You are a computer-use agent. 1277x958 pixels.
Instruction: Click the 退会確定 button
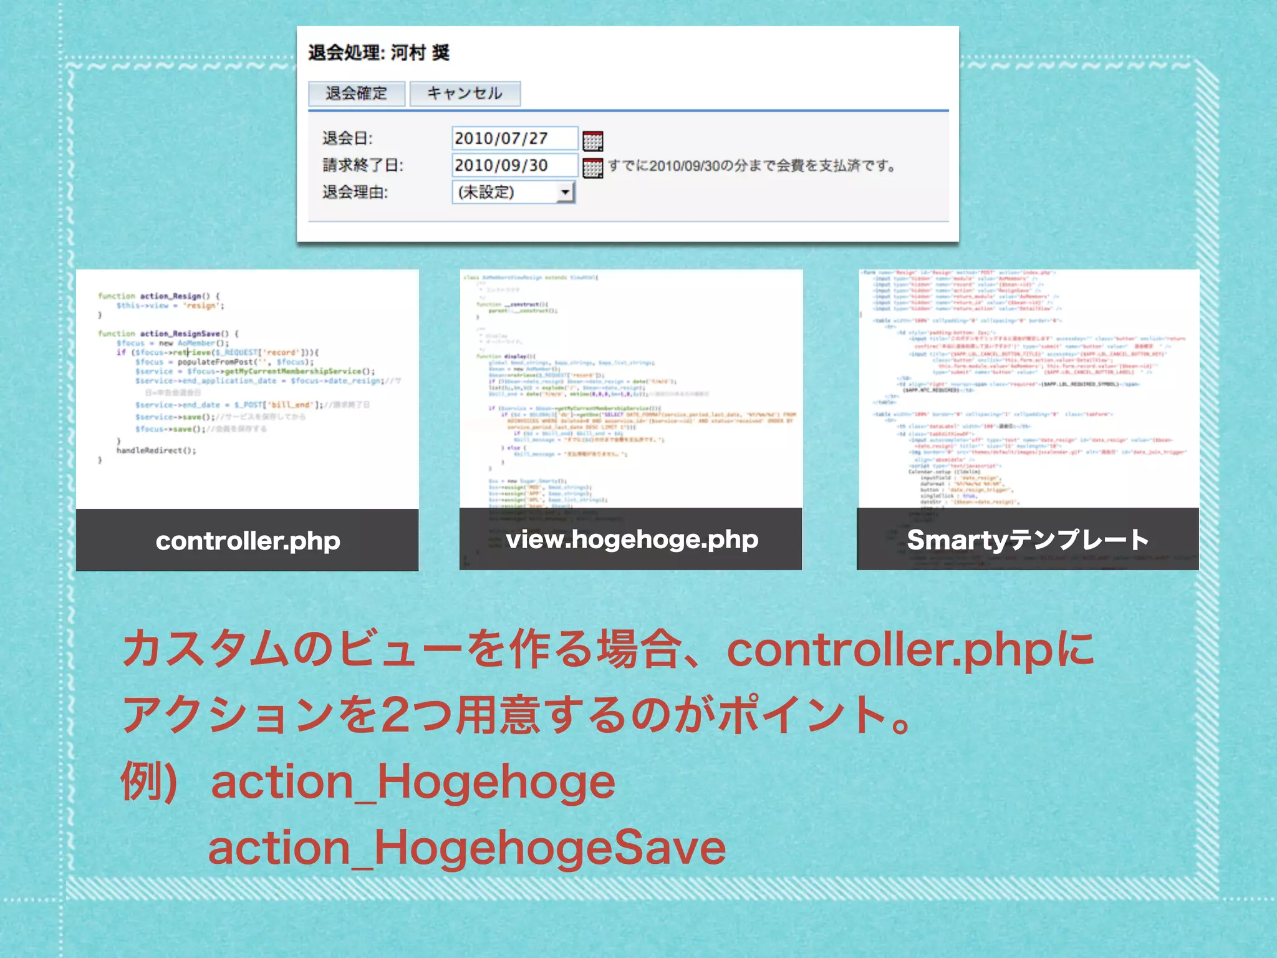pyautogui.click(x=357, y=94)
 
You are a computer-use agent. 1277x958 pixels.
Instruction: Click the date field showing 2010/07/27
pyautogui.click(x=514, y=138)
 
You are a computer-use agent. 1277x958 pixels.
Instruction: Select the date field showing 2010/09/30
pyautogui.click(x=514, y=165)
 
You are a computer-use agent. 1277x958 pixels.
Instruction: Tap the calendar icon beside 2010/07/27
pyautogui.click(x=592, y=141)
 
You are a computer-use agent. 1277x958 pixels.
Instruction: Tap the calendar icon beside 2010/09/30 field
pyautogui.click(x=592, y=168)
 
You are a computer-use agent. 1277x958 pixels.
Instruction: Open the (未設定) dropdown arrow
pyautogui.click(x=565, y=192)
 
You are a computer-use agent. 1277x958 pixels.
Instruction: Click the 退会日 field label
pyautogui.click(x=347, y=138)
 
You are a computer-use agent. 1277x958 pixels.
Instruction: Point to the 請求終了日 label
pyautogui.click(x=363, y=165)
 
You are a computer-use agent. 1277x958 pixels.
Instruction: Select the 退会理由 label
pyautogui.click(x=355, y=192)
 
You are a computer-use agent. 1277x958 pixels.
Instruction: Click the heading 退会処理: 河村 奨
pyautogui.click(x=378, y=53)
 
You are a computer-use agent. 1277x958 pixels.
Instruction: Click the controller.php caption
pyautogui.click(x=248, y=541)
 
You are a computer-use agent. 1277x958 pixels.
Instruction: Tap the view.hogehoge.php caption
pyautogui.click(x=632, y=539)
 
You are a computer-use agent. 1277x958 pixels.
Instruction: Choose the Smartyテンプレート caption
pyautogui.click(x=1028, y=539)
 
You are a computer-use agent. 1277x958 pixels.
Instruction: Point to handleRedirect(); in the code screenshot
pyautogui.click(x=156, y=450)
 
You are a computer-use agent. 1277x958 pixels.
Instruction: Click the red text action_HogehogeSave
pyautogui.click(x=466, y=848)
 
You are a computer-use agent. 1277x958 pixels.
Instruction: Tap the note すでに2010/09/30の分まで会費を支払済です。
pyautogui.click(x=752, y=166)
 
